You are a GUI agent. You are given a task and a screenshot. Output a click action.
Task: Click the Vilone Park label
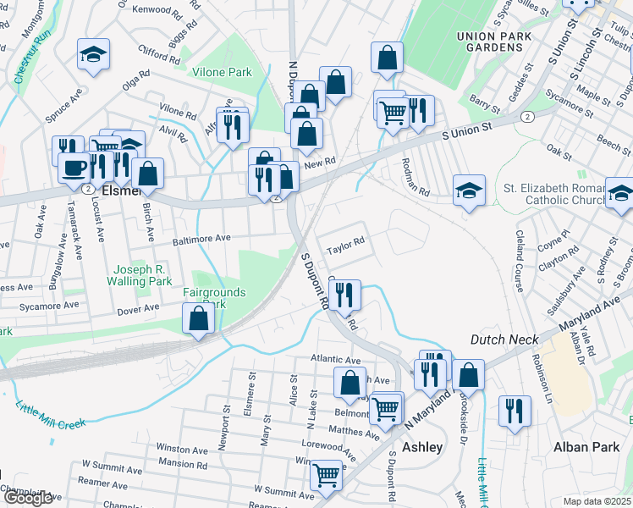pyautogui.click(x=222, y=73)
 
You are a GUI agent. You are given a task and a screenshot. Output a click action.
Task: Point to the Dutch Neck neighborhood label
pyautogui.click(x=504, y=340)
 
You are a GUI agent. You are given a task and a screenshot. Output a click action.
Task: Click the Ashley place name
pyautogui.click(x=421, y=447)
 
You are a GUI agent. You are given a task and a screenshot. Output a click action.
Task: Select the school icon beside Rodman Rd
pyautogui.click(x=469, y=190)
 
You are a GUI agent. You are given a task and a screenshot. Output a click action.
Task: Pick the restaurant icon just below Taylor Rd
pyautogui.click(x=344, y=295)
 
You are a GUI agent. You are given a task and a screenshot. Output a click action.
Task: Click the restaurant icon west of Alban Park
pyautogui.click(x=515, y=411)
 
